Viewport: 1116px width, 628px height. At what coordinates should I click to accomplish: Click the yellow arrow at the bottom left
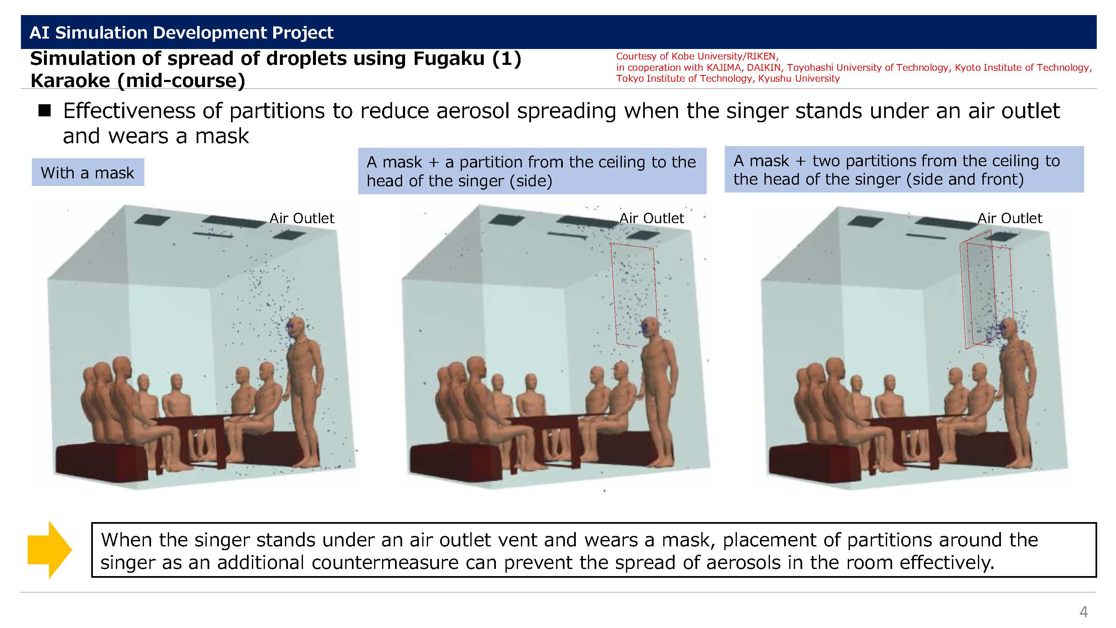pos(49,550)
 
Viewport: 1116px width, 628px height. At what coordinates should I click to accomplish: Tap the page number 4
pos(1083,611)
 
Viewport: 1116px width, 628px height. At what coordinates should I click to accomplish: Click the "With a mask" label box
pos(87,172)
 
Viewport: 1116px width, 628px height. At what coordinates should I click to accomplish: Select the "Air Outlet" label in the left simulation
pos(302,218)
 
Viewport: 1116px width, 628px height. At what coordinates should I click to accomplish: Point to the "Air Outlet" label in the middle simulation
pos(652,218)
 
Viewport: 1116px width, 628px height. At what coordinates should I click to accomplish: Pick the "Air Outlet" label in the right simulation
pos(1009,218)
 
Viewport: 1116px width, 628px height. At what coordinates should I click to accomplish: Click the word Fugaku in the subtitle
pos(449,59)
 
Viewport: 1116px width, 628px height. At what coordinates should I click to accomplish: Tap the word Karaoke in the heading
pos(70,81)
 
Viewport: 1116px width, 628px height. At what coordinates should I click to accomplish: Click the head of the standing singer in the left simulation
pos(297,329)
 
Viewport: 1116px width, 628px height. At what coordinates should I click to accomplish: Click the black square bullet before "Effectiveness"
pos(45,111)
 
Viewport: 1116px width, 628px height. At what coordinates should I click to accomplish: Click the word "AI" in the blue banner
pos(39,33)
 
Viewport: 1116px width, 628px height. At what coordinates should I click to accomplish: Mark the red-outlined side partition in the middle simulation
pos(634,295)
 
